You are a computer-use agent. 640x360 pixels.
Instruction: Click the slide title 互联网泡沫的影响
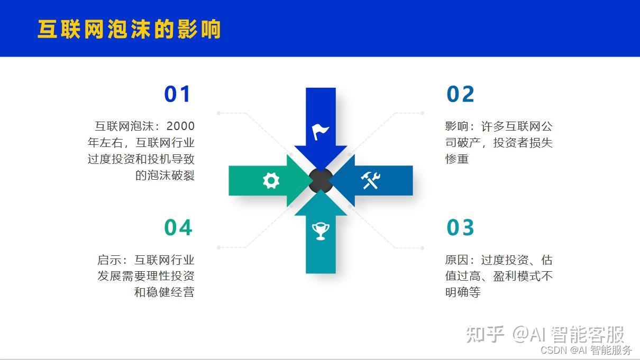[129, 29]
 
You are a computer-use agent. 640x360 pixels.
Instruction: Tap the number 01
[177, 94]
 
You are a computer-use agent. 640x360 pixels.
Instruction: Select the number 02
[460, 94]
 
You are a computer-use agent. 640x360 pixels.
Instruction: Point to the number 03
[460, 227]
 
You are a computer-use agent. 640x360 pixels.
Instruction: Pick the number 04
[178, 227]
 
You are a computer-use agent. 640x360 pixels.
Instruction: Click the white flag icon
[321, 132]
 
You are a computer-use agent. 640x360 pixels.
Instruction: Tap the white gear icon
[271, 180]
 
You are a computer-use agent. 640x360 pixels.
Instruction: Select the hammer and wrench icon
[370, 180]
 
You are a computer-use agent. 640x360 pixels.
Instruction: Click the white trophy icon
[321, 231]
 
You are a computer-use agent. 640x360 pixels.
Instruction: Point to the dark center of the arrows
[321, 180]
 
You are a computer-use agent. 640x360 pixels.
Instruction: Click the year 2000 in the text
[180, 126]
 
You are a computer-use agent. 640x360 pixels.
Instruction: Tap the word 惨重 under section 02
[457, 159]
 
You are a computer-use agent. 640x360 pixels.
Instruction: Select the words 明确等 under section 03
[463, 292]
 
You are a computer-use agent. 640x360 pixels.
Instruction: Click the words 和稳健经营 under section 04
[164, 292]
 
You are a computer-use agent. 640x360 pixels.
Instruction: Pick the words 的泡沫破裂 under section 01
[165, 176]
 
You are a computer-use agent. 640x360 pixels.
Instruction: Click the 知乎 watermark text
[485, 334]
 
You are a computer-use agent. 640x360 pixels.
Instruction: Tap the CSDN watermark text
[554, 350]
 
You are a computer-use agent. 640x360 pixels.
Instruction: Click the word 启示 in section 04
[109, 260]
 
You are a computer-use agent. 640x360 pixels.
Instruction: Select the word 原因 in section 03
[457, 260]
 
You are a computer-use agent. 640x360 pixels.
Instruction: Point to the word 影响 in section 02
[457, 126]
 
